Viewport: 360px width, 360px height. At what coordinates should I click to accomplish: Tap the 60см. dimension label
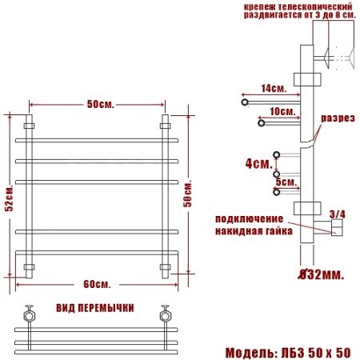coord(95,285)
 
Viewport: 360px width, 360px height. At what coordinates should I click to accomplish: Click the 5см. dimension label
coord(285,182)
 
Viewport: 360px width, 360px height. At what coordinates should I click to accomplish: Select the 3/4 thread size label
coord(338,214)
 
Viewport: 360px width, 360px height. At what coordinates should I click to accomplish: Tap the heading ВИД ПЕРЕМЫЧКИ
coord(95,308)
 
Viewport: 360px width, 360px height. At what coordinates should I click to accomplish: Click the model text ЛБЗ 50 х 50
coord(317,352)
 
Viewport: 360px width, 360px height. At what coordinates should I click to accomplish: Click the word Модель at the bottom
coord(251,352)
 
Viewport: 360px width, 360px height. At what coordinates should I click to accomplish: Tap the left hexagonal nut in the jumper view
coord(31,315)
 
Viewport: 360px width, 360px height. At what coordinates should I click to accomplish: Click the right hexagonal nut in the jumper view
coord(166,315)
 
